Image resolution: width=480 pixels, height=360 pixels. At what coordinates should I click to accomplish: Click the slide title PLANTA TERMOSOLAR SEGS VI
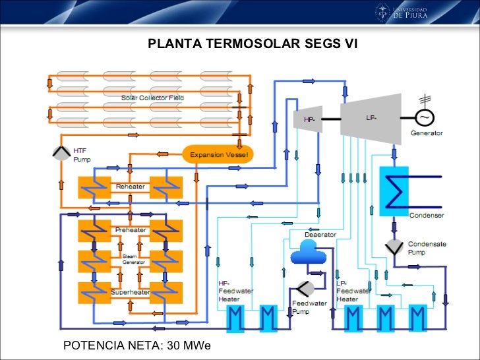point(253,44)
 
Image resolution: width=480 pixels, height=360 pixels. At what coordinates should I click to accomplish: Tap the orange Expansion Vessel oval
point(217,155)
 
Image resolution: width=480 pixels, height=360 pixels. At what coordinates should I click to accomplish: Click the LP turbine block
point(371,117)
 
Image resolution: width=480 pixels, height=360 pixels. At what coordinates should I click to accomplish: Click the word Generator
point(427,133)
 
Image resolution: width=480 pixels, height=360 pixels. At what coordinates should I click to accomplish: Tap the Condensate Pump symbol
point(396,246)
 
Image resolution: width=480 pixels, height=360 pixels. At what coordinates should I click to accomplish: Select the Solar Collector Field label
point(152,98)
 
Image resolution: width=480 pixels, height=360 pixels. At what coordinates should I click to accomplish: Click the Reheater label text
point(131,187)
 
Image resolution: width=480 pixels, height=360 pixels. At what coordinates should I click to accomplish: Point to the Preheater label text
point(131,230)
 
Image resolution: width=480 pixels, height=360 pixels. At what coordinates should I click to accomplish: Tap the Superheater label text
point(131,292)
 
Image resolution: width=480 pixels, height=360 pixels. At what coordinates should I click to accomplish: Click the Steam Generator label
point(130,259)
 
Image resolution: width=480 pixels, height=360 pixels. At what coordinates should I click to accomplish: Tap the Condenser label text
point(427,216)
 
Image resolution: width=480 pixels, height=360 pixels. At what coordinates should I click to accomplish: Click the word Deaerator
point(320,235)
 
